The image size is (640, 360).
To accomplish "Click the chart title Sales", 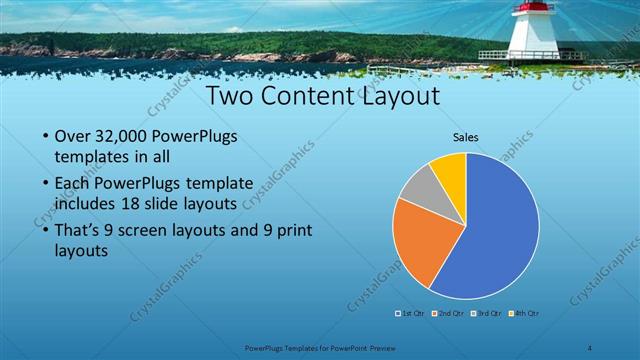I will (x=466, y=137).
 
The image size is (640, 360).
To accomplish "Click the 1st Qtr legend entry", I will (x=409, y=313).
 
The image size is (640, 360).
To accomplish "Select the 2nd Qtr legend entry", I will (x=447, y=313).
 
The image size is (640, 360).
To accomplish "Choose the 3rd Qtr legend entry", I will (x=485, y=313).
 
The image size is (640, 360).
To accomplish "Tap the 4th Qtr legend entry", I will (x=523, y=313).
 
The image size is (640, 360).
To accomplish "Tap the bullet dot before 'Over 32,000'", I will (x=45, y=137).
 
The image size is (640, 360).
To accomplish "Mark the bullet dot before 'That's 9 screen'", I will (x=45, y=232).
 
